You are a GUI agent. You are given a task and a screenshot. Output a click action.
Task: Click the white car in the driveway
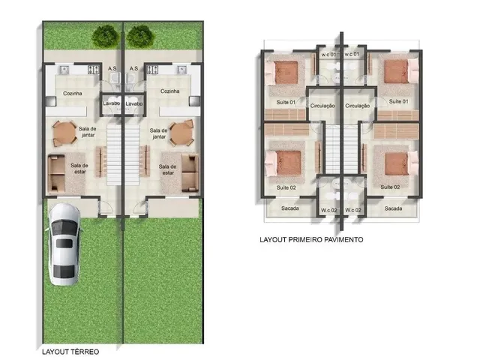(64, 244)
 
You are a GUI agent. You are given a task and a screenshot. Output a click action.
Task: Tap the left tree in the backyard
(106, 37)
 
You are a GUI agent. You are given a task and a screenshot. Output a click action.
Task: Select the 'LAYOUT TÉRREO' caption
(70, 352)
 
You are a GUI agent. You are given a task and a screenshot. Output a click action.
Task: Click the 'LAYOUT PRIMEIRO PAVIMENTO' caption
(311, 240)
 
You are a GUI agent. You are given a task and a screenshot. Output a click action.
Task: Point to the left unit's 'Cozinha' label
(73, 93)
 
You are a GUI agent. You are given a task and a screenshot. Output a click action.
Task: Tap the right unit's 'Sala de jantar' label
(158, 133)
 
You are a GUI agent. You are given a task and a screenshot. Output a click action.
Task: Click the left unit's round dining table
(64, 133)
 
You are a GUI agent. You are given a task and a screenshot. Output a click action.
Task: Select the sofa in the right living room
(190, 173)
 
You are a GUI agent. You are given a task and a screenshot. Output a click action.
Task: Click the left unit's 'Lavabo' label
(112, 103)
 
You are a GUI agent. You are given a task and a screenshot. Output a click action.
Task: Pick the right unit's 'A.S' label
(133, 68)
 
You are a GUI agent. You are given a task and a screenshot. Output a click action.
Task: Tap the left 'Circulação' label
(322, 106)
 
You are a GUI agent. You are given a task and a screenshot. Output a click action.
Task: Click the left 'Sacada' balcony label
(290, 208)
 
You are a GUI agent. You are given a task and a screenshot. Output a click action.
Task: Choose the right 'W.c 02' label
(353, 210)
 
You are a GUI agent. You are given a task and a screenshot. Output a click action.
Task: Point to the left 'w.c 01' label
(328, 55)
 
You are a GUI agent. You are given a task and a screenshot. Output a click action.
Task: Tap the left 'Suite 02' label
(286, 187)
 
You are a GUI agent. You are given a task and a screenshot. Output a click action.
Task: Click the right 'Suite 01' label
(398, 101)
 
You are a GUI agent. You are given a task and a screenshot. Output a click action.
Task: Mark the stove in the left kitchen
(94, 70)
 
